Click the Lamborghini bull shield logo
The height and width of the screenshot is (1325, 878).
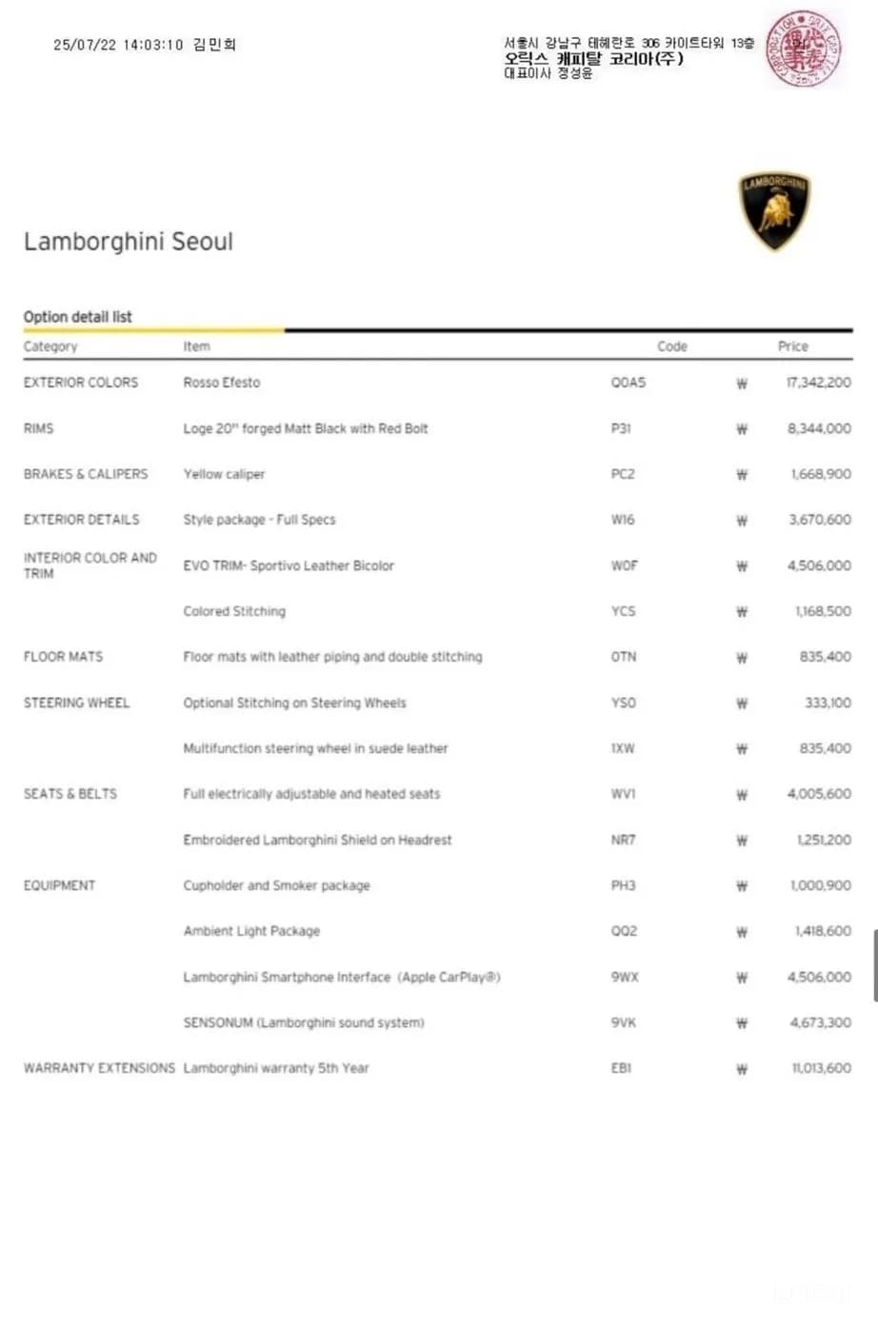(774, 211)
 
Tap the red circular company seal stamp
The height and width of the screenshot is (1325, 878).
(805, 49)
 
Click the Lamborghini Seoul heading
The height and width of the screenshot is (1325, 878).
(129, 242)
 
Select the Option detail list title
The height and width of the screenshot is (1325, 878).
(78, 317)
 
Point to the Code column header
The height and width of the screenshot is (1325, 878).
(671, 346)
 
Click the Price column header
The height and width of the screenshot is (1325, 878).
(792, 346)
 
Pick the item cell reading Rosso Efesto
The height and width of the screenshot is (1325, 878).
(222, 383)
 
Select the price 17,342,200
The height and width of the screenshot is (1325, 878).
(818, 383)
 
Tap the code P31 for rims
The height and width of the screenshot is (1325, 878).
(621, 428)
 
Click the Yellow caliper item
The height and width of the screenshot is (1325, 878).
(224, 474)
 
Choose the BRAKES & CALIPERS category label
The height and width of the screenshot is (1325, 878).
(86, 474)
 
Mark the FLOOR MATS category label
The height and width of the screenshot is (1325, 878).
(63, 657)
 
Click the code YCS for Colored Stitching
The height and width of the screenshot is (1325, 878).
(623, 611)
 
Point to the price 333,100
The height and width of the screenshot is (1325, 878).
(828, 702)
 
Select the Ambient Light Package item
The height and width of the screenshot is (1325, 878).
(251, 931)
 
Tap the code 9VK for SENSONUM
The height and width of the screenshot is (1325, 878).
(623, 1022)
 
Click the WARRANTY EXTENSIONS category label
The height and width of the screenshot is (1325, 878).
(99, 1068)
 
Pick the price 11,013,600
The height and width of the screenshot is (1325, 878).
(821, 1068)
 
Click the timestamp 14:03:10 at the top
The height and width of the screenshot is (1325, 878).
(152, 45)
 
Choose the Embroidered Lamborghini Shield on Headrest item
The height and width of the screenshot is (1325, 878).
(317, 840)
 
